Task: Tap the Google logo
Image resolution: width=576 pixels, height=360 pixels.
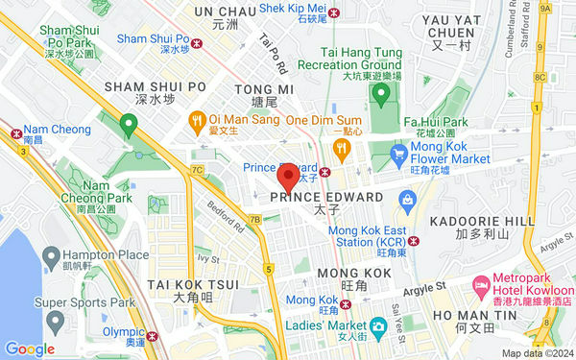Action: (29, 348)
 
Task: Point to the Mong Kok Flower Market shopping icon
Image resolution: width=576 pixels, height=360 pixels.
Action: (400, 152)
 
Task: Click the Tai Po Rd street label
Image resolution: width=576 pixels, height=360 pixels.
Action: (274, 55)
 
